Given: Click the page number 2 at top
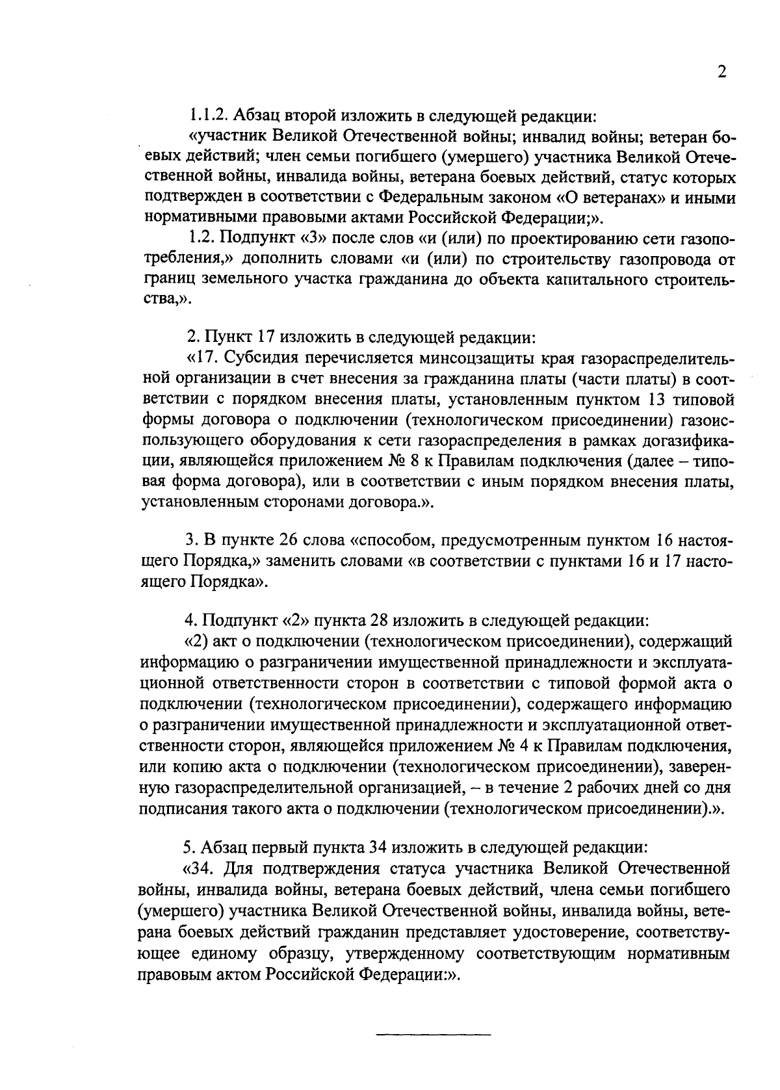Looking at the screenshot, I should coord(721,72).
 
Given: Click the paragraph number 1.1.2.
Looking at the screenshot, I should coord(207,117).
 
